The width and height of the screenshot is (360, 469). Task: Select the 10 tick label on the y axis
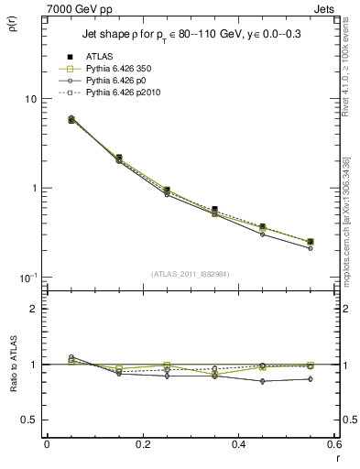(x=29, y=99)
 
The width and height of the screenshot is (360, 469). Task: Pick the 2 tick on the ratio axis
(x=32, y=309)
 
